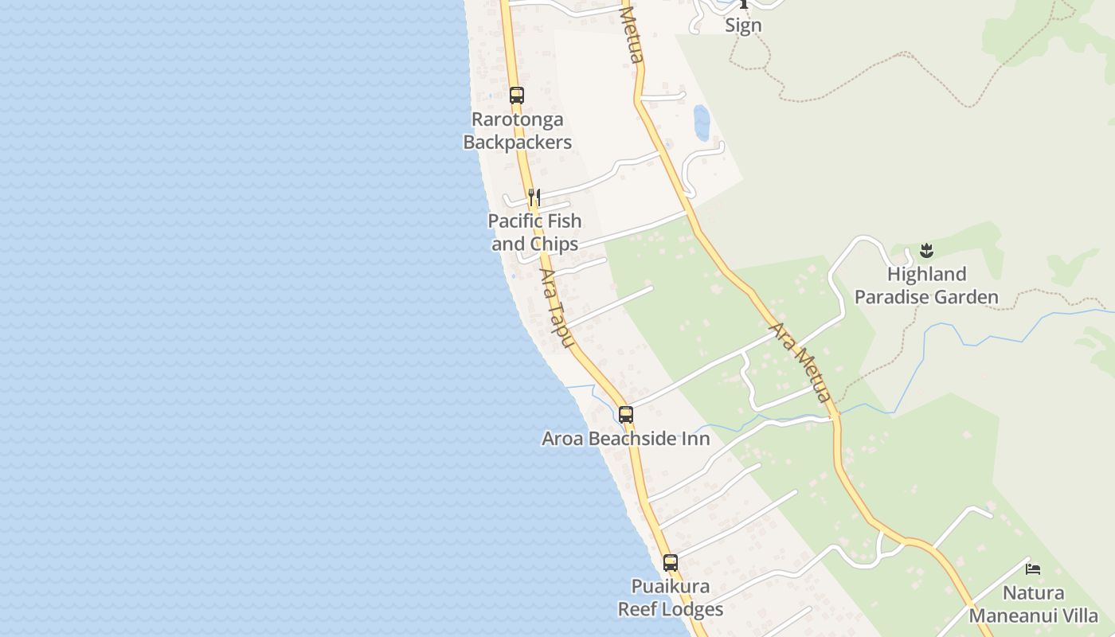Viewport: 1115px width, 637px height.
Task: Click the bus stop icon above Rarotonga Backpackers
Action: click(517, 96)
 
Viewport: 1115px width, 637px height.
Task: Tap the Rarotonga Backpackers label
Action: click(518, 131)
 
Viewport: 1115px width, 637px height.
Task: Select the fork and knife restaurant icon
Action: click(534, 197)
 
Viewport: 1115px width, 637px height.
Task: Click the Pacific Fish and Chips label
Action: click(535, 233)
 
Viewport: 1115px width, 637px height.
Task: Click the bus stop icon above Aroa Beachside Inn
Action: click(626, 415)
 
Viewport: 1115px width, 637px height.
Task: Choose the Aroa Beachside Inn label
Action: click(626, 439)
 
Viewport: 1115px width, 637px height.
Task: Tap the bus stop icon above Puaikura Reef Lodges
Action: click(671, 563)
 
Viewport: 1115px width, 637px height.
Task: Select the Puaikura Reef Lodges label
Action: click(671, 598)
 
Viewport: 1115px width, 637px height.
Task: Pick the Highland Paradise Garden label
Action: click(926, 286)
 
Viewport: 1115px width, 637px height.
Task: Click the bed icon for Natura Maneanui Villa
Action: click(1033, 569)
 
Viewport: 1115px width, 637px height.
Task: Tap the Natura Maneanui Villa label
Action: click(1033, 604)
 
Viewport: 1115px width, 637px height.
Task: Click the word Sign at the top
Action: click(743, 25)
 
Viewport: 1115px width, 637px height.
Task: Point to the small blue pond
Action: click(702, 123)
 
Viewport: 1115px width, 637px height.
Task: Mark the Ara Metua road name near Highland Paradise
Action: click(800, 362)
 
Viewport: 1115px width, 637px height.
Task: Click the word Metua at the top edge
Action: click(632, 35)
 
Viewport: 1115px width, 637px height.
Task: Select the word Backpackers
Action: click(518, 143)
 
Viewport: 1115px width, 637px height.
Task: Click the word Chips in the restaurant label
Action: click(557, 244)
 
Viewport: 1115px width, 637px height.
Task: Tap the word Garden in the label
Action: click(964, 298)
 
